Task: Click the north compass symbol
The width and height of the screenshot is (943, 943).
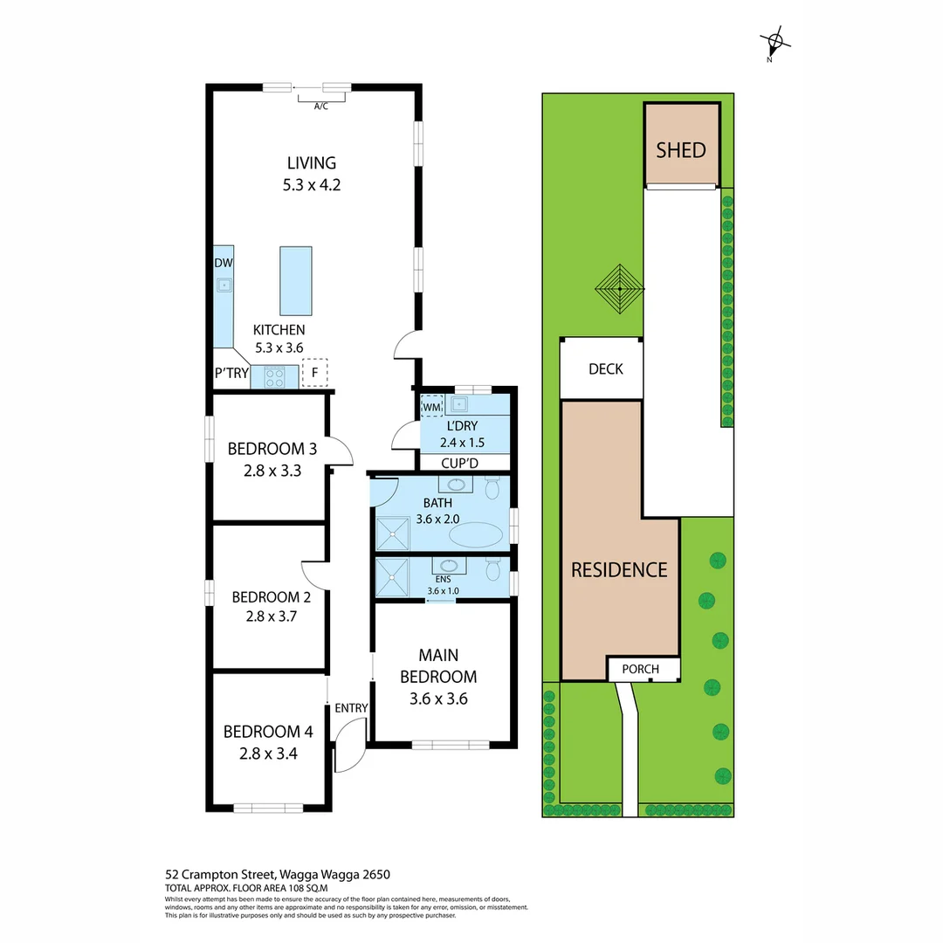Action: pos(774,41)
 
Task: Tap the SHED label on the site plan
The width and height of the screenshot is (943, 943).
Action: pos(680,149)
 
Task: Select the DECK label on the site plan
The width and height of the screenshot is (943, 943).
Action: pos(605,369)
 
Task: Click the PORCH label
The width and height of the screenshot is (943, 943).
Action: pos(640,670)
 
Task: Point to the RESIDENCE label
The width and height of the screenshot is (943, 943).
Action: pos(619,570)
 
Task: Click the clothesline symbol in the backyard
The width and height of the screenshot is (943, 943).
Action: pos(619,285)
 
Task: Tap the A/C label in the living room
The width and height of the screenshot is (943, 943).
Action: pos(320,107)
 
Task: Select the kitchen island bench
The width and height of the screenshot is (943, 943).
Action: pos(295,280)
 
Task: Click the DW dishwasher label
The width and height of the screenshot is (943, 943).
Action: pos(223,263)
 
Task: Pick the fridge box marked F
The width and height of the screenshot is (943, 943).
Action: pos(314,373)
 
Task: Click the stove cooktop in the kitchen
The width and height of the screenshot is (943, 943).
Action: pos(275,376)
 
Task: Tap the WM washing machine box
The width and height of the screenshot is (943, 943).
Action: pos(432,406)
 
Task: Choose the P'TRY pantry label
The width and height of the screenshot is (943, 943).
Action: pos(231,374)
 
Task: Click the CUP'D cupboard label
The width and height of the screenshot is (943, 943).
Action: pos(465,463)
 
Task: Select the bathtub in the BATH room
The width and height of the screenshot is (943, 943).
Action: pos(475,535)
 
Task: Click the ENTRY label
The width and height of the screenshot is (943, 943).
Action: pos(351,708)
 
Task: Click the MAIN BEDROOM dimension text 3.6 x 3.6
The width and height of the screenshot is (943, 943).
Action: pos(437,698)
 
